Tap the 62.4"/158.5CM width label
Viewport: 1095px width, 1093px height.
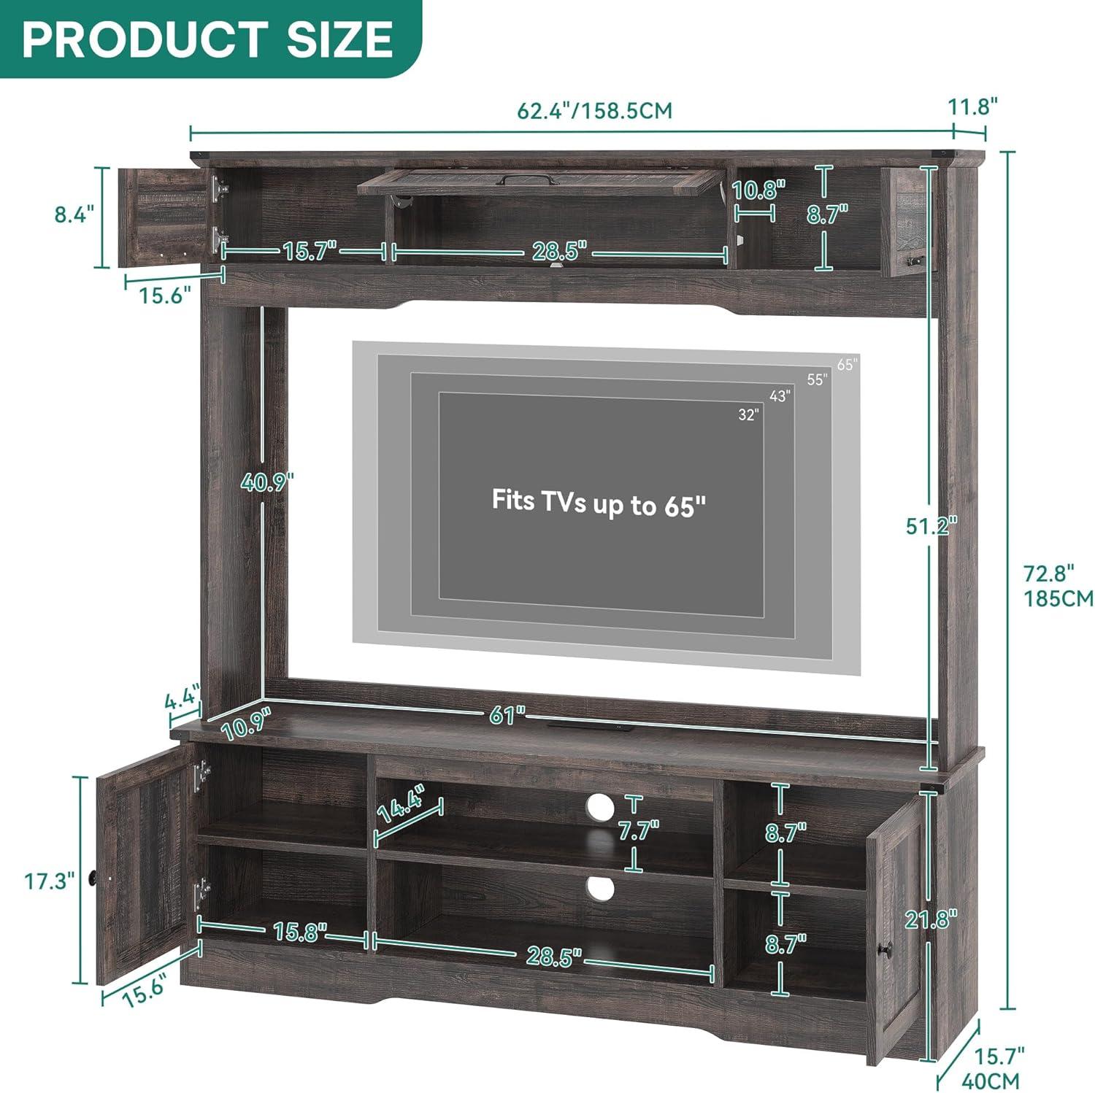[594, 111]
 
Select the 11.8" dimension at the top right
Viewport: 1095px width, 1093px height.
[973, 107]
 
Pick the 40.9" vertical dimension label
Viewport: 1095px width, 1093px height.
[269, 482]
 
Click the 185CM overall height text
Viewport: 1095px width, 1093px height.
[1058, 598]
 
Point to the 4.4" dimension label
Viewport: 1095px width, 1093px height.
[182, 700]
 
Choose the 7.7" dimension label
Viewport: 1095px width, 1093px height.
[638, 830]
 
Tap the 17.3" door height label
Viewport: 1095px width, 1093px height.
[50, 881]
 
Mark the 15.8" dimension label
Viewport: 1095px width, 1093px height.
[300, 932]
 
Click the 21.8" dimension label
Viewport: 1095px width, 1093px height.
[931, 919]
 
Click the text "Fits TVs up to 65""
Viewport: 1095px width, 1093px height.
[599, 503]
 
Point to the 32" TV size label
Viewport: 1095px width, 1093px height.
[748, 414]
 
